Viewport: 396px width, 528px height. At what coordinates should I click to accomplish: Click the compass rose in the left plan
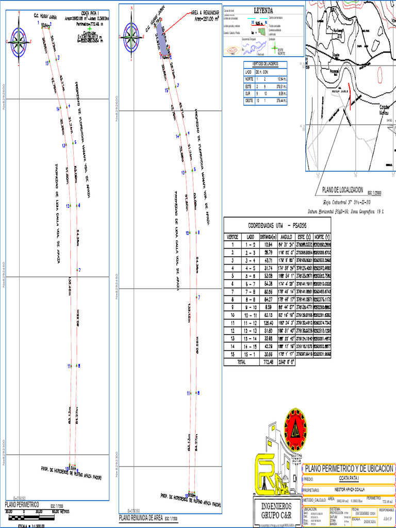click(19, 40)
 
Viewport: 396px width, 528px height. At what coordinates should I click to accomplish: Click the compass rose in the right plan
click(131, 37)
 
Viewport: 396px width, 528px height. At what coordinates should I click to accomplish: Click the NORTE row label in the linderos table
click(249, 79)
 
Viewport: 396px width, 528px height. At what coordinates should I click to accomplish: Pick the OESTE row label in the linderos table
click(249, 101)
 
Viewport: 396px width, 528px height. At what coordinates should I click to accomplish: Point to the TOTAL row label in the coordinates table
click(240, 362)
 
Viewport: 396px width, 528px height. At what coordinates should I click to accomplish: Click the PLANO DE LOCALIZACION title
click(343, 190)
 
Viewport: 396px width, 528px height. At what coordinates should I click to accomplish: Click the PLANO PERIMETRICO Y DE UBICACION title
click(350, 468)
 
